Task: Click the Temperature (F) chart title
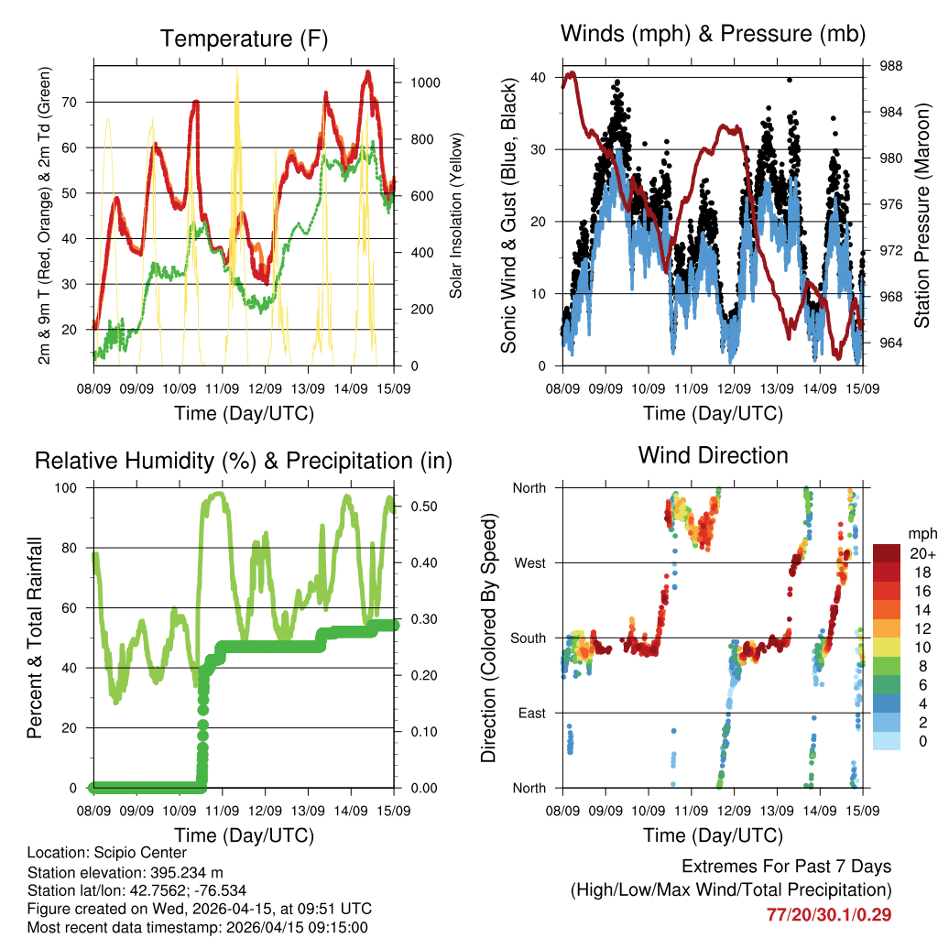pos(244,38)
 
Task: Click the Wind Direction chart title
pos(713,454)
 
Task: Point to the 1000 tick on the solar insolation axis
pos(427,82)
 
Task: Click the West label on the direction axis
pos(529,562)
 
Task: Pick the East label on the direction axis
pos(531,713)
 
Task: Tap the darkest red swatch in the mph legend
pos(886,553)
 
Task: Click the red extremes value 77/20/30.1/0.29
pos(829,914)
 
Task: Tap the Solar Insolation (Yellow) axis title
pos(455,216)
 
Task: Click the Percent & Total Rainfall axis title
pos(35,638)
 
